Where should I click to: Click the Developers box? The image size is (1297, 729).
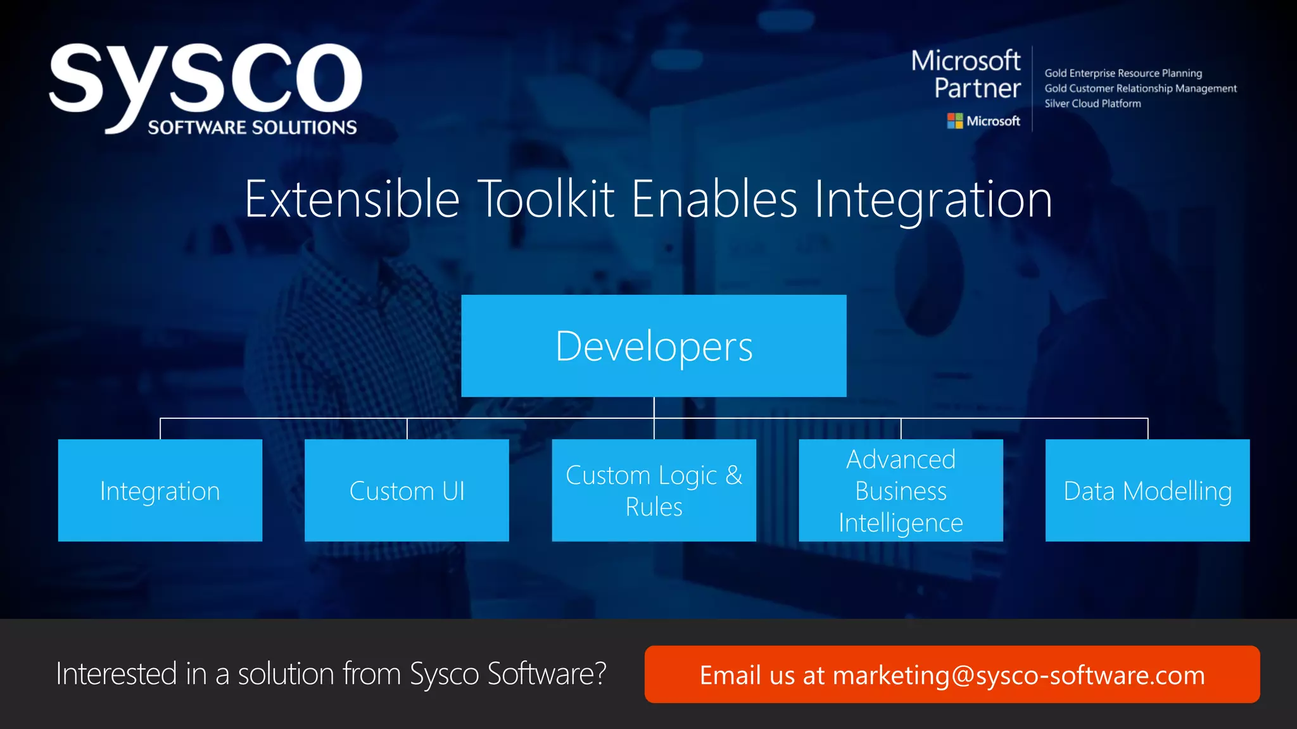pos(654,346)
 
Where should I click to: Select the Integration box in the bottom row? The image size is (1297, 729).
pos(160,490)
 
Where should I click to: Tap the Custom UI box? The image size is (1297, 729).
pos(407,490)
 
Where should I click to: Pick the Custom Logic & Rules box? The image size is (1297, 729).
pos(654,490)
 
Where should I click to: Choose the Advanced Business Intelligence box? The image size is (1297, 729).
pos(901,490)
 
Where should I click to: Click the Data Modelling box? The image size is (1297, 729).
pos(1147,490)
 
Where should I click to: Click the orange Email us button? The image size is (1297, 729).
pos(952,675)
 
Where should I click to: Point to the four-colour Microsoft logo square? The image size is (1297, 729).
pos(954,121)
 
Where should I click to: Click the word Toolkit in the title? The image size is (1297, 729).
pos(545,199)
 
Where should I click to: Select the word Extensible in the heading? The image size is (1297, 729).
pos(352,199)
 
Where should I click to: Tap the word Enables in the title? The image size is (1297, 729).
pos(714,199)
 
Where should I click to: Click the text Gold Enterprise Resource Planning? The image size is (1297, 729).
pos(1123,73)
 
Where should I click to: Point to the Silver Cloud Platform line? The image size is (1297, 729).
pos(1092,104)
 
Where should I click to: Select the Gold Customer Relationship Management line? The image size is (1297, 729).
pos(1140,89)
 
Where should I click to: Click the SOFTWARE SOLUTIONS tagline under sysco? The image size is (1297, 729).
pos(252,128)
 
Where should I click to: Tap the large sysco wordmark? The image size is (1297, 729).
pos(206,79)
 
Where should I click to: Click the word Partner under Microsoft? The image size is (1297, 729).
pos(977,89)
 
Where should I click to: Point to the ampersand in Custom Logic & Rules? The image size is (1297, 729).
pos(734,475)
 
